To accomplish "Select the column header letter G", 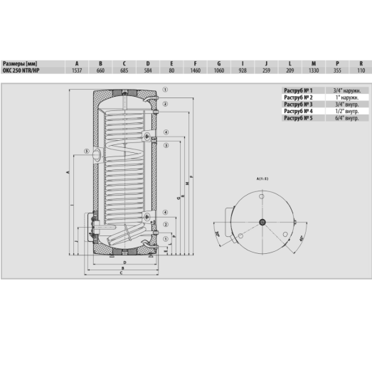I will (x=219, y=63).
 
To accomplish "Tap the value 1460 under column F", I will (x=195, y=70).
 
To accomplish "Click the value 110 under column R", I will (x=361, y=70).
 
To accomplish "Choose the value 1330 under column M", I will (x=314, y=70).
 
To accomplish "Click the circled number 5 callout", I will (x=86, y=151).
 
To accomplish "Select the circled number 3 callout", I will (x=164, y=105).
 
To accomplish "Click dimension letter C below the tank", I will (x=122, y=274).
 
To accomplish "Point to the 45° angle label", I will (x=302, y=238).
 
